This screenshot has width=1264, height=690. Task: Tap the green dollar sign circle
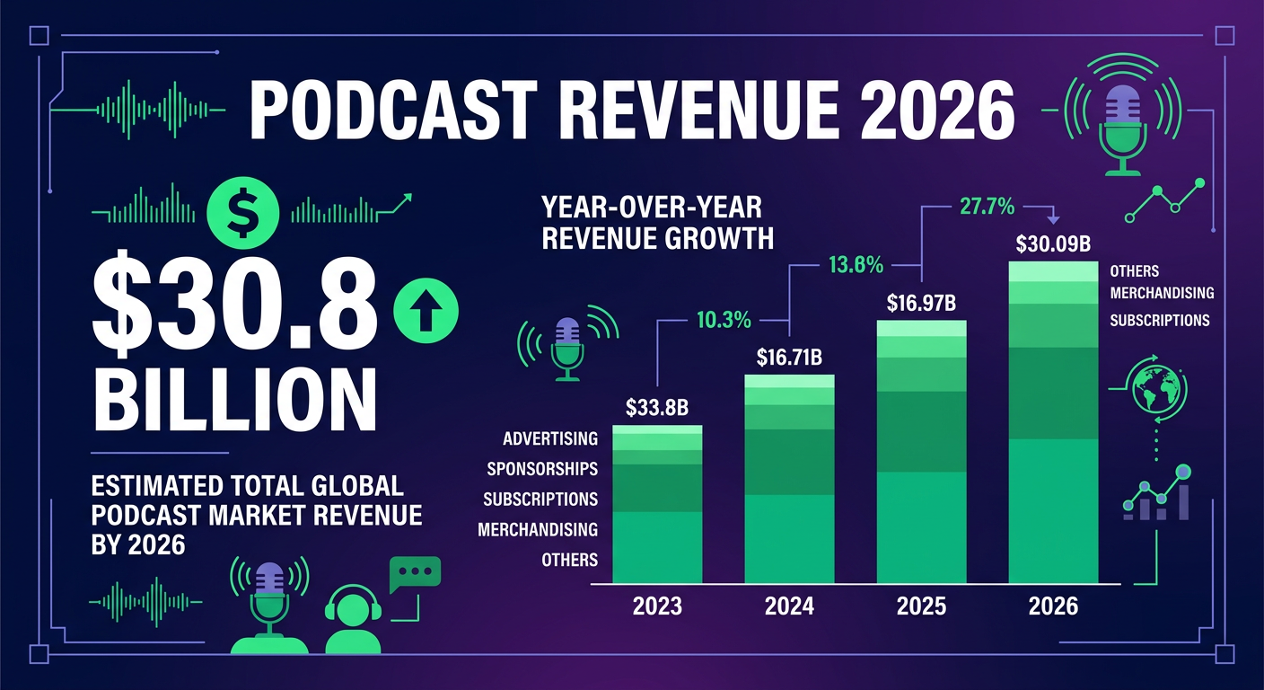pyautogui.click(x=240, y=211)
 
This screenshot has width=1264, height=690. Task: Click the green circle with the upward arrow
pyautogui.click(x=426, y=311)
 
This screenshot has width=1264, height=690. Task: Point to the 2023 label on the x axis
pyautogui.click(x=656, y=606)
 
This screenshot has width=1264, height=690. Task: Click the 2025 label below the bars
pyautogui.click(x=921, y=606)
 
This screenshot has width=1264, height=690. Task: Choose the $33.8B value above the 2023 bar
pyautogui.click(x=656, y=408)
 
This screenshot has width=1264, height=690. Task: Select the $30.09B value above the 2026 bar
pyautogui.click(x=1052, y=243)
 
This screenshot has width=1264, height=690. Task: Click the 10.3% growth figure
pyautogui.click(x=723, y=319)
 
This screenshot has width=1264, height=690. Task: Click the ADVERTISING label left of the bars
pyautogui.click(x=549, y=438)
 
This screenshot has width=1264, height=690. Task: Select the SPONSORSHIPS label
pyautogui.click(x=541, y=469)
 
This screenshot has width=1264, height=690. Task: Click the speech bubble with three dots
pyautogui.click(x=415, y=575)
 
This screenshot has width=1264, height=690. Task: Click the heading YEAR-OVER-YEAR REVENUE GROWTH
pyautogui.click(x=657, y=223)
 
